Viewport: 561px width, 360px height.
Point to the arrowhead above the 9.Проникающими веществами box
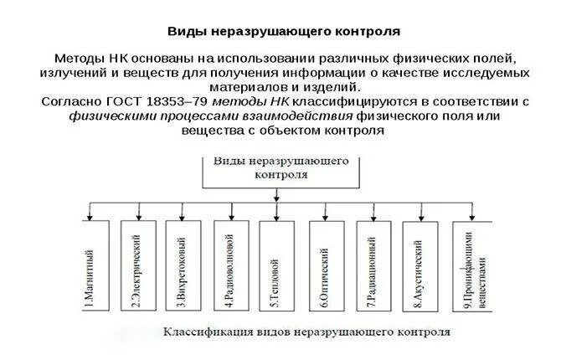469,217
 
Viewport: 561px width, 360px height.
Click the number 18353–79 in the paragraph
165,101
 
